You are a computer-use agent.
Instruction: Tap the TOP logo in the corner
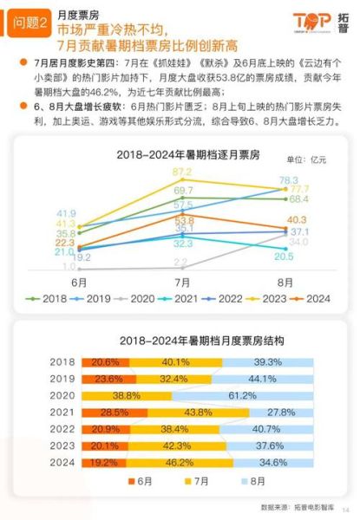(x=316, y=23)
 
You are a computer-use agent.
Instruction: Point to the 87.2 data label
(x=182, y=172)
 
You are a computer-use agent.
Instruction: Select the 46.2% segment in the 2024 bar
(x=177, y=463)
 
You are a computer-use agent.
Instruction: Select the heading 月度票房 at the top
(x=75, y=15)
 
